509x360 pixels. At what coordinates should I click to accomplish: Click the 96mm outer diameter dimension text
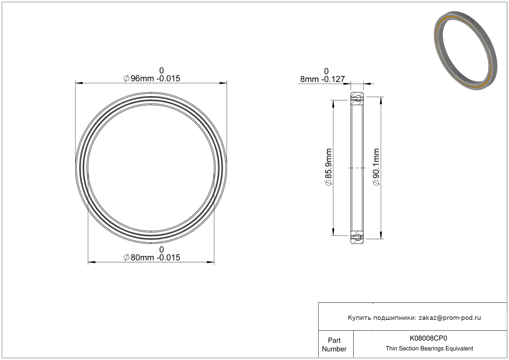(152, 78)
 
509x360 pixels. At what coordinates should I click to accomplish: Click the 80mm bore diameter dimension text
(152, 258)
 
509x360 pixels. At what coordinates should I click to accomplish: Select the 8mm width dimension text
(323, 79)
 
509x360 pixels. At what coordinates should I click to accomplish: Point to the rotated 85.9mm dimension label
(329, 167)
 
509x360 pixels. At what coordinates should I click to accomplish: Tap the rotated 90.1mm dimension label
(376, 167)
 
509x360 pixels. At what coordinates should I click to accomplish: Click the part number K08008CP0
(428, 338)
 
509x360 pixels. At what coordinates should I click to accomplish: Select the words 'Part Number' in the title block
(334, 345)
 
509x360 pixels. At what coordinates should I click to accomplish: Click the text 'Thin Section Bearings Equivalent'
(429, 349)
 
